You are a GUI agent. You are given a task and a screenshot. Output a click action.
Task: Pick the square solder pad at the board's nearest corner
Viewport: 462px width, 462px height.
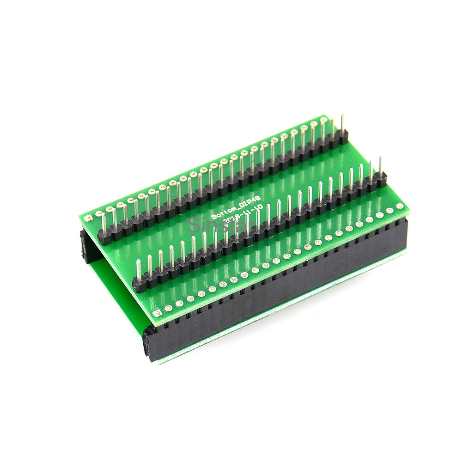click(x=158, y=313)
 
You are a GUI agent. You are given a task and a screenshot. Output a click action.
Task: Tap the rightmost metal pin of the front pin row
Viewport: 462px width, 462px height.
click(x=380, y=165)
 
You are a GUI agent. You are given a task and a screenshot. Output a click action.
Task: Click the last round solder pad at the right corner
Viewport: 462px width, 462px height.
click(x=400, y=206)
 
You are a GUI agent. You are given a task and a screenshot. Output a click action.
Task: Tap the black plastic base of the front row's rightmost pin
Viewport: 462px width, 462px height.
click(x=381, y=180)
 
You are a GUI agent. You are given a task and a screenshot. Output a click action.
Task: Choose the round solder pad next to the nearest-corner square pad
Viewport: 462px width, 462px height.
click(x=168, y=308)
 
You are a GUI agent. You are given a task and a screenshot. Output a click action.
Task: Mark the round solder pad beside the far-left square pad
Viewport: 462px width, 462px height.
click(x=98, y=213)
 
